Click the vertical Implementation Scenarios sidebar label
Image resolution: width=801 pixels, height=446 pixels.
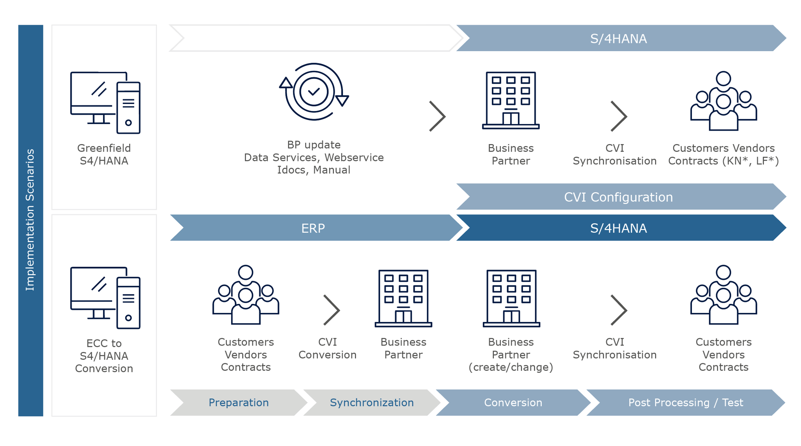(x=30, y=220)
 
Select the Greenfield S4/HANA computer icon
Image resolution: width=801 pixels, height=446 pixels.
(x=105, y=102)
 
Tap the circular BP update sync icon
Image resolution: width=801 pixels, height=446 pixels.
(x=314, y=92)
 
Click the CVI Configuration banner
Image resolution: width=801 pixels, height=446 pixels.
(x=618, y=197)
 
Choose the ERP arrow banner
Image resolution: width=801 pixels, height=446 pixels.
(x=313, y=228)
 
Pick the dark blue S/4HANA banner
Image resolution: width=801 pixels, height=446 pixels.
(x=618, y=228)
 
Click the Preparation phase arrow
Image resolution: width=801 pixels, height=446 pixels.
(x=238, y=402)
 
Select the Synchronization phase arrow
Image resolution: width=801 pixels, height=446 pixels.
(x=371, y=402)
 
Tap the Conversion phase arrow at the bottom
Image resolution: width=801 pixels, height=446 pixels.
(x=513, y=402)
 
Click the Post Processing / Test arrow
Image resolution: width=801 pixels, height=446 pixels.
(x=685, y=402)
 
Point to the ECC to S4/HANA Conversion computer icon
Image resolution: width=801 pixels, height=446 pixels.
(x=105, y=298)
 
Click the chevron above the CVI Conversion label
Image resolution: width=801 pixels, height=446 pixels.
(x=332, y=310)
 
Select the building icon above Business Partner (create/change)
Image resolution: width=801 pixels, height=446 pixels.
(x=511, y=298)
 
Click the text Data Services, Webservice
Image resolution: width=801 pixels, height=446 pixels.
(x=313, y=157)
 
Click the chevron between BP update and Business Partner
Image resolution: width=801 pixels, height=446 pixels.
(x=437, y=116)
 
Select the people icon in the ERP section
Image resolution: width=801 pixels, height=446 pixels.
(x=246, y=295)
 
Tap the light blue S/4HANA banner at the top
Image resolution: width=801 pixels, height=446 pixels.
(x=618, y=38)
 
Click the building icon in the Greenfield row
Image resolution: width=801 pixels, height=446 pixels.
(x=511, y=100)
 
